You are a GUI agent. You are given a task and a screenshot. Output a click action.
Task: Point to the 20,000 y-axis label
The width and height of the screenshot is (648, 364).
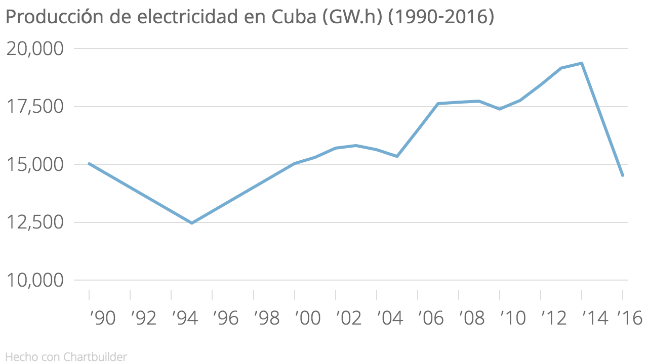pos(34,49)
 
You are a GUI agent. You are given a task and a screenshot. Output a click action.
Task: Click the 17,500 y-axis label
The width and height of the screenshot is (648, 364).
pos(34,107)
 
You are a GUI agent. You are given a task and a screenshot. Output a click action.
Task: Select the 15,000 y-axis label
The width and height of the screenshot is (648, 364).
pos(34,165)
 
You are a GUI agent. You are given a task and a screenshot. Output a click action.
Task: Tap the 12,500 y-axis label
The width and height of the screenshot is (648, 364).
pos(34,222)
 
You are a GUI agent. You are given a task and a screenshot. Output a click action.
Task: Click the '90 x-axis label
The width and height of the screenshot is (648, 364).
pos(102,318)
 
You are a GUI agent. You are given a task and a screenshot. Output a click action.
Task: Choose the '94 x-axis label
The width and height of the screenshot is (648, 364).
pos(184,318)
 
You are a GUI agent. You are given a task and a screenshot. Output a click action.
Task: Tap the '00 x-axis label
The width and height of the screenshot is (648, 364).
pos(307,318)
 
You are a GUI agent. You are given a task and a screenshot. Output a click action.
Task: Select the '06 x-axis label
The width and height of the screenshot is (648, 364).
pos(430,318)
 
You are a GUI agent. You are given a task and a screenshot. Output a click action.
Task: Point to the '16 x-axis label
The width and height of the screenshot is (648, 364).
pos(630,318)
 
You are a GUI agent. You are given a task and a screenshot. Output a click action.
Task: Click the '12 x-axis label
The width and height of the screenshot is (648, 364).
pos(553,318)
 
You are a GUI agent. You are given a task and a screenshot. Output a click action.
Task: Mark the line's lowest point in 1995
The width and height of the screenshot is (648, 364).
pos(191,223)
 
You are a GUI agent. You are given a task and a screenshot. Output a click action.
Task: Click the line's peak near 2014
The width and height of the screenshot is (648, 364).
pos(582,63)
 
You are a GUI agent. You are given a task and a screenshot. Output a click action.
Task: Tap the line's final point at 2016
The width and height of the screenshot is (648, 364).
pos(623,175)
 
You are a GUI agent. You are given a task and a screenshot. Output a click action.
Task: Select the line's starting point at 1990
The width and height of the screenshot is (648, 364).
pos(89,163)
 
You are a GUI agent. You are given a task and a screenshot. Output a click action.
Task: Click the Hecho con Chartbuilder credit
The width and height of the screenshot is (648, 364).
pos(66,357)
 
